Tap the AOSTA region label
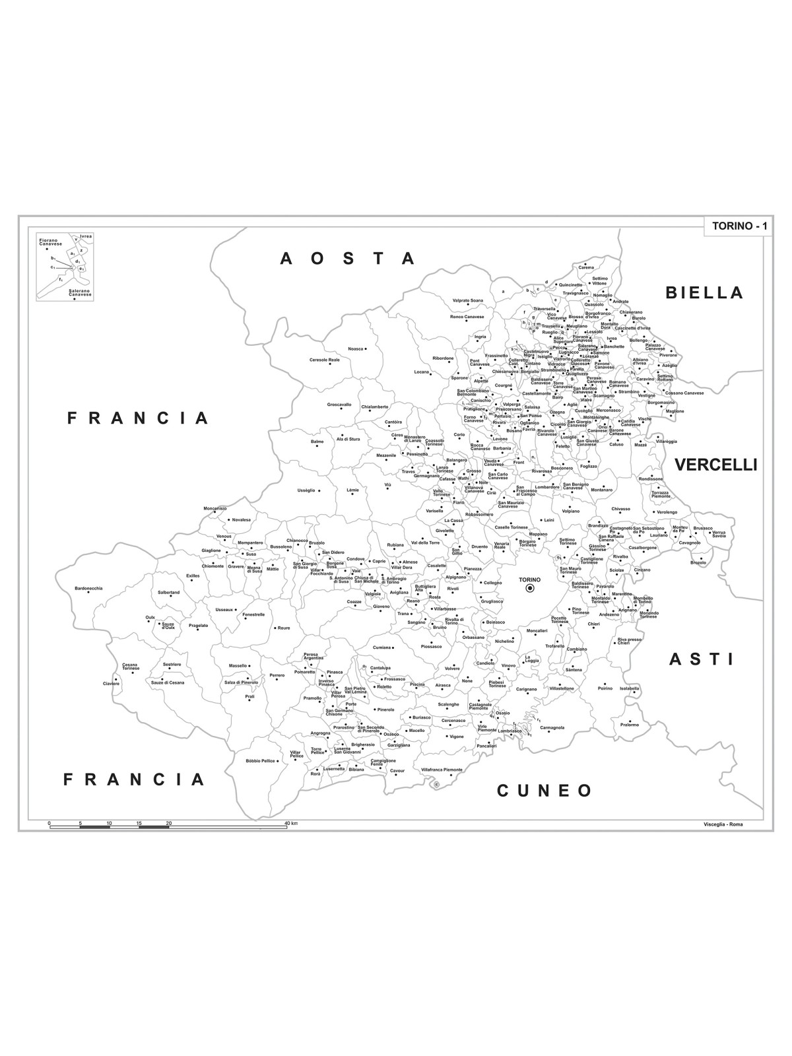point(348,258)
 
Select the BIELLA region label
point(705,292)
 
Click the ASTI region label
point(702,659)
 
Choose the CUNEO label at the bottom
point(545,790)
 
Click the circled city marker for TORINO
point(529,589)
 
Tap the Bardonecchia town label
point(88,588)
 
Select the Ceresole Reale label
point(325,360)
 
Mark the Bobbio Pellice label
point(260,760)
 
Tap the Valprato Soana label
point(467,301)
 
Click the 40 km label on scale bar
point(291,824)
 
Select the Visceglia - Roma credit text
point(723,824)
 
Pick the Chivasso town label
point(620,509)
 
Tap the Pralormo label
point(629,724)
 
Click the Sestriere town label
point(172,665)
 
